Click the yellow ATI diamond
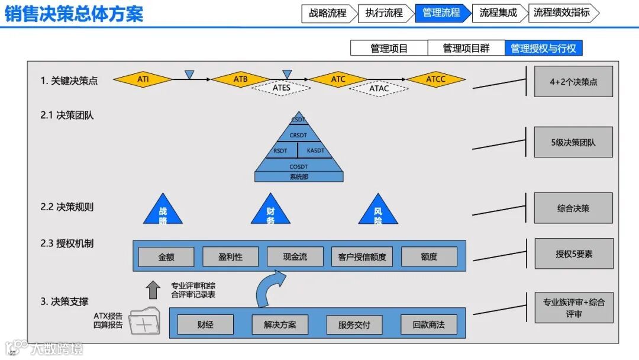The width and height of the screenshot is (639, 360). [143, 79]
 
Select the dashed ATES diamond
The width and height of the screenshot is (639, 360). [282, 88]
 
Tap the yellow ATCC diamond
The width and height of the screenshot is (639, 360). [436, 79]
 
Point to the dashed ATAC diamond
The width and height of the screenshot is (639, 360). [379, 88]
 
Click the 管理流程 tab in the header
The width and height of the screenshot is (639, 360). [441, 12]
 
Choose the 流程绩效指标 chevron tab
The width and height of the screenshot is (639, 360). [562, 12]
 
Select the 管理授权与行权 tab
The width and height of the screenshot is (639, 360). [543, 48]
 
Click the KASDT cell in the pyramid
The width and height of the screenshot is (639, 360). [316, 150]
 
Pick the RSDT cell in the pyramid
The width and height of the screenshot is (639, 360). [280, 150]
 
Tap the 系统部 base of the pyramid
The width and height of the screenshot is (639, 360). [299, 176]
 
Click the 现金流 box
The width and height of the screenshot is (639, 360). [295, 256]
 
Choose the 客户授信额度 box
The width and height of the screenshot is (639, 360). [362, 256]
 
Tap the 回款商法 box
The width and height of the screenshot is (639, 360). [428, 324]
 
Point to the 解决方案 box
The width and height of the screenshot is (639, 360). [280, 324]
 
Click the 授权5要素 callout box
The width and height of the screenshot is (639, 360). [573, 253]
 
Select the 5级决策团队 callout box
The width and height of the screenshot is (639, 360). [573, 142]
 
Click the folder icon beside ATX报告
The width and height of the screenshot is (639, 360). [144, 322]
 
